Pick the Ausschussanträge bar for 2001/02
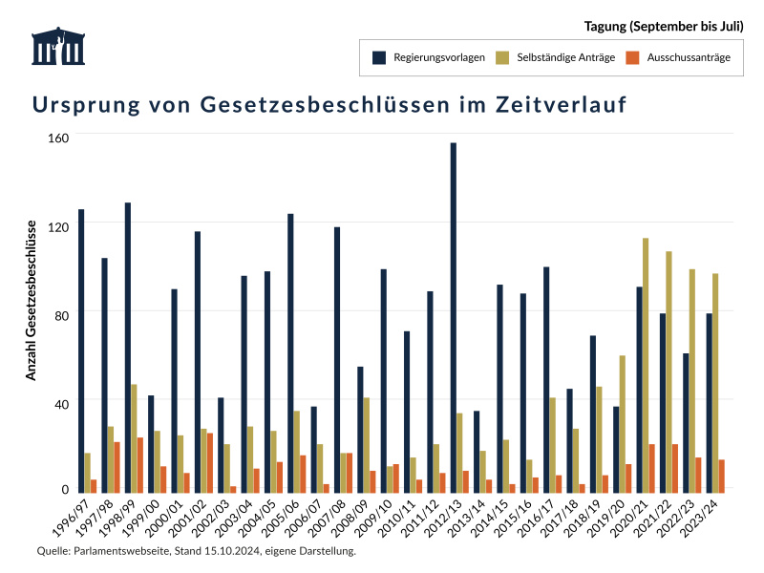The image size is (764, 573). pyautogui.click(x=210, y=462)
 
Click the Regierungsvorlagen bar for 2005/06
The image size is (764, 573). pyautogui.click(x=290, y=352)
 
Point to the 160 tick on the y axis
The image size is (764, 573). pyautogui.click(x=59, y=138)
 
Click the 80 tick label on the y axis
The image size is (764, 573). pyautogui.click(x=62, y=313)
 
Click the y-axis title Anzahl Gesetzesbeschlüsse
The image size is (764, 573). pyautogui.click(x=31, y=300)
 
